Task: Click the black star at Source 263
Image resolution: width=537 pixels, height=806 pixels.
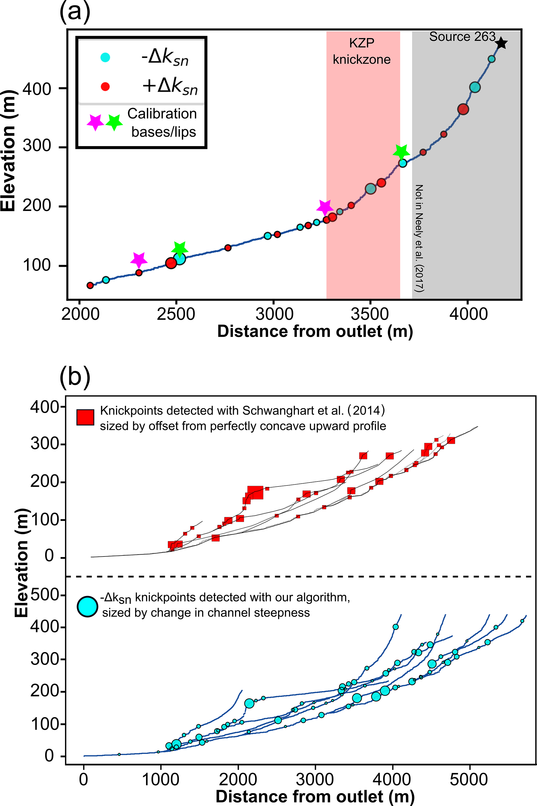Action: pos(501,43)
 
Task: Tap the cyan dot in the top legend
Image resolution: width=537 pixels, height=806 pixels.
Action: pos(105,57)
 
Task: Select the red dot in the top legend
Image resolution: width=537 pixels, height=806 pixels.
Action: pos(105,87)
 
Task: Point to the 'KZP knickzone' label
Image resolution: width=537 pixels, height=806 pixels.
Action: pos(362,51)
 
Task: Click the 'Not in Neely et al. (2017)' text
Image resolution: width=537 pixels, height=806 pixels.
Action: pos(419,238)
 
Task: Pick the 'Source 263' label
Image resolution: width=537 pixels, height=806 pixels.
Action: pos(462,37)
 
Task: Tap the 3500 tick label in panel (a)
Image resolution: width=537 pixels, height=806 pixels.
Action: pos(369,314)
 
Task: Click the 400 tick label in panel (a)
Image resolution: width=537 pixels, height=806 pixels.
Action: pos(37,89)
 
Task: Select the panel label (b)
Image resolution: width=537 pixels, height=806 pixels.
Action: pos(75,377)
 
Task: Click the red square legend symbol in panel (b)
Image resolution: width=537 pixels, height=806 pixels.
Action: pos(85,418)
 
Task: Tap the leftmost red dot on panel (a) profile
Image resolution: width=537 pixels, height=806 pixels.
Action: pos(90,285)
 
